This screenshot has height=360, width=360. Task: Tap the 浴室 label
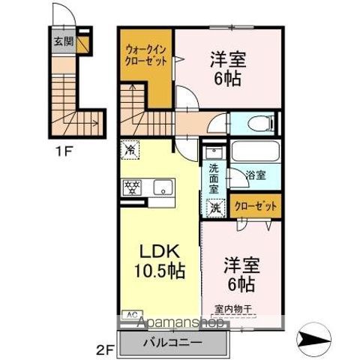click(x=256, y=175)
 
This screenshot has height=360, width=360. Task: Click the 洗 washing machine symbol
click(x=215, y=207)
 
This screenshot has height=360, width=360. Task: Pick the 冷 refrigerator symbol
click(x=130, y=149)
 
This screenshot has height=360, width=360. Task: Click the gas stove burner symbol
click(x=133, y=187)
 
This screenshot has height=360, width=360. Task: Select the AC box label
click(x=128, y=314)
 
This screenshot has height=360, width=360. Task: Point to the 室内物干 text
click(x=233, y=307)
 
